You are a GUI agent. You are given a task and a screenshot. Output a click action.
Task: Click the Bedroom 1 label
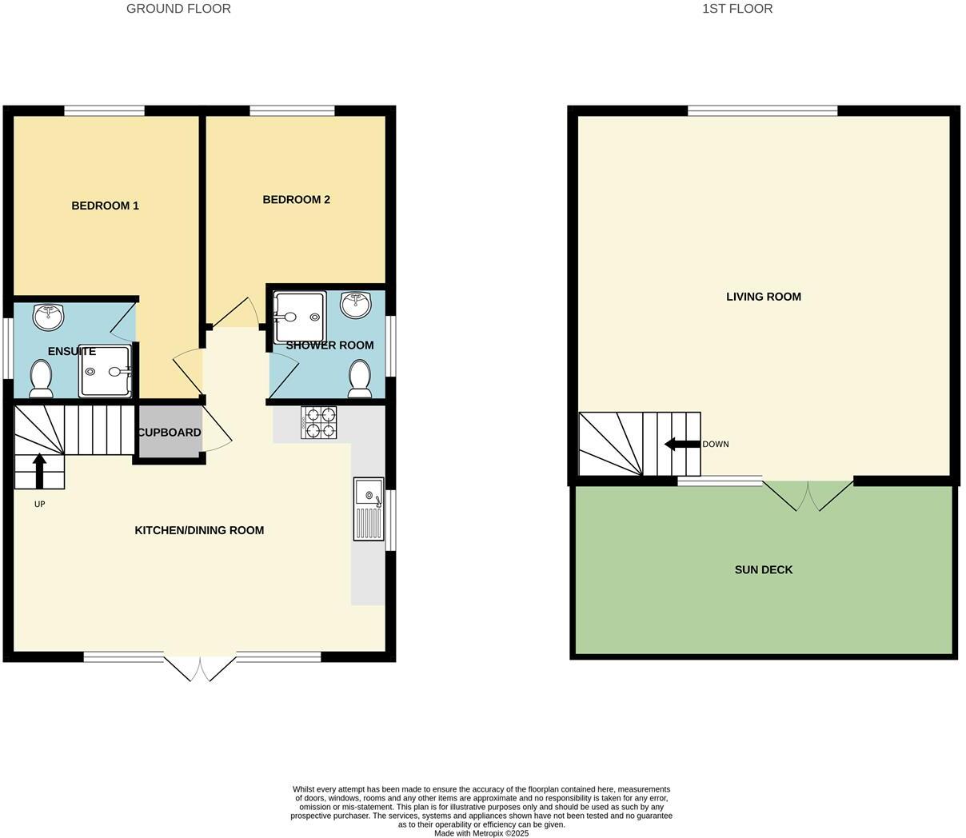tap(105, 206)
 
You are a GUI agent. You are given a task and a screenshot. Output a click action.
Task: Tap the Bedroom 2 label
tap(296, 199)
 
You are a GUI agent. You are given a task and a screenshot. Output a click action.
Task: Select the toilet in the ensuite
tap(41, 378)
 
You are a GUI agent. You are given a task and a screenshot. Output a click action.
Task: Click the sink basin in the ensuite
tap(48, 317)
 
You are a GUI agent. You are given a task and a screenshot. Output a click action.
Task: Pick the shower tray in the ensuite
tap(104, 371)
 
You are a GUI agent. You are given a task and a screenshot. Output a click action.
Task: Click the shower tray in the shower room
tap(299, 316)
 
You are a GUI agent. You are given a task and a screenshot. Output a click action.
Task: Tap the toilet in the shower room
tap(360, 378)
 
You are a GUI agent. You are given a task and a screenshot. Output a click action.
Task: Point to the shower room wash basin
tap(355, 305)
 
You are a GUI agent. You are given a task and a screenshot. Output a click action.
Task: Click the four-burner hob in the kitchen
tap(318, 422)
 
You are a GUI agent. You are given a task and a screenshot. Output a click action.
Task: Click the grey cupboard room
tap(169, 433)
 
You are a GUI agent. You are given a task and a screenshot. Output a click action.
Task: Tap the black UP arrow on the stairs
tap(38, 470)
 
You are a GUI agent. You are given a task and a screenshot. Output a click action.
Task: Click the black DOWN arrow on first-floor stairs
tap(681, 445)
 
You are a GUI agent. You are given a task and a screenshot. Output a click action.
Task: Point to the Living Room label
tap(763, 297)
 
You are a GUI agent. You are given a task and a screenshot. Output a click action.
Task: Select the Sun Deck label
tap(763, 570)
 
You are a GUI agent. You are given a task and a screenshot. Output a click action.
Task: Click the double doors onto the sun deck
tap(808, 494)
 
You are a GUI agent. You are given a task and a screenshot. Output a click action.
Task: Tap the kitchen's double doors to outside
tap(200, 667)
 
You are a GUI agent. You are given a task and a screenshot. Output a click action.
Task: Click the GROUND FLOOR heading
tap(178, 9)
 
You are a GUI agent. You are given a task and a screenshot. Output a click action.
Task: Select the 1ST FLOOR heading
tap(736, 9)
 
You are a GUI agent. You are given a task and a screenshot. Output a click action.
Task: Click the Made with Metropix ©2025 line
tap(481, 833)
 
